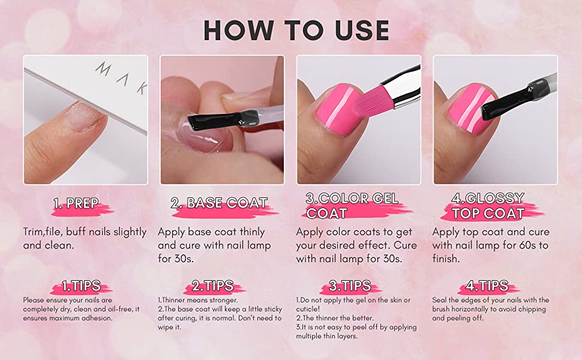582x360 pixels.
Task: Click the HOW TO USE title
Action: [x=296, y=30]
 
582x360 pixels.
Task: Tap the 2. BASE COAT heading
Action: [x=218, y=203]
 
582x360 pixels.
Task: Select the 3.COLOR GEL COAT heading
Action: [x=352, y=206]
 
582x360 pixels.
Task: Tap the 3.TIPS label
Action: [x=350, y=286]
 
